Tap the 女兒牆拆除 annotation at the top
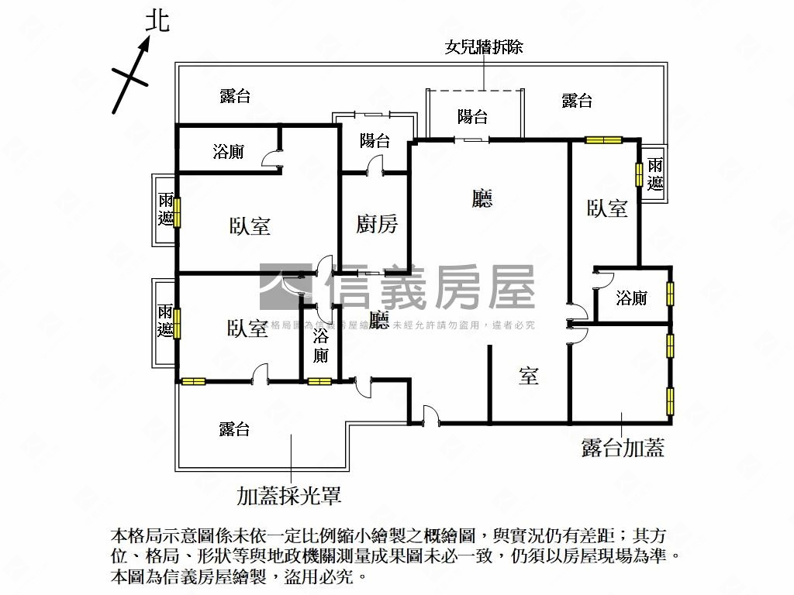point(484,47)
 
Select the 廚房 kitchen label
point(377,225)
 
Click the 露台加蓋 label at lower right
point(623,448)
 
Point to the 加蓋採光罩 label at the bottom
point(289,495)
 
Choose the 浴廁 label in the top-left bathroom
point(228,152)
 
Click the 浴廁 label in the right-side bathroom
point(632,297)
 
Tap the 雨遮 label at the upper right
point(655,174)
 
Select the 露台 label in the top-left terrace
point(235,96)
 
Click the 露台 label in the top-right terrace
point(577,101)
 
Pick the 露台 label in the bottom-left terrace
point(234,429)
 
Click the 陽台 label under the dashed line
point(473,117)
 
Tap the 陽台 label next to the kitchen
point(375,141)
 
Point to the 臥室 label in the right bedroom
point(607,208)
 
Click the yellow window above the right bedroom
point(604,140)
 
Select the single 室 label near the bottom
point(529,377)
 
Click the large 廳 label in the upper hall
point(482,200)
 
